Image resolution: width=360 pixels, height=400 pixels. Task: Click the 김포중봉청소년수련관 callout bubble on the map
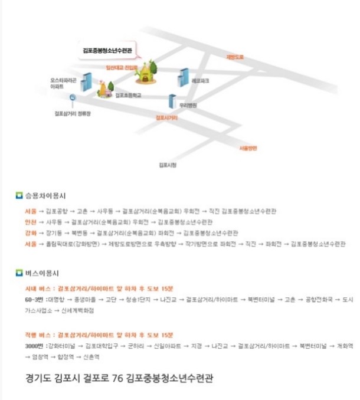(107, 51)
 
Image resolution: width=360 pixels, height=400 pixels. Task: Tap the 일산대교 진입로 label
(121, 68)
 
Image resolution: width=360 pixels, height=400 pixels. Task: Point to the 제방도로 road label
(235, 57)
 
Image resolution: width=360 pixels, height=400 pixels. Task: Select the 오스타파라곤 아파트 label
(61, 83)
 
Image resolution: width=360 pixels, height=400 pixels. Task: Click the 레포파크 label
(201, 80)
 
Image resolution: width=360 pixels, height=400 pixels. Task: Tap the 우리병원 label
(188, 104)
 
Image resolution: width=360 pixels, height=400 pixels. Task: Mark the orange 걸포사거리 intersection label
(167, 117)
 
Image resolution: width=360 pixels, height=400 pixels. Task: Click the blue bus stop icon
(72, 98)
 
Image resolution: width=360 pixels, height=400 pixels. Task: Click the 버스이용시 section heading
(41, 273)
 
